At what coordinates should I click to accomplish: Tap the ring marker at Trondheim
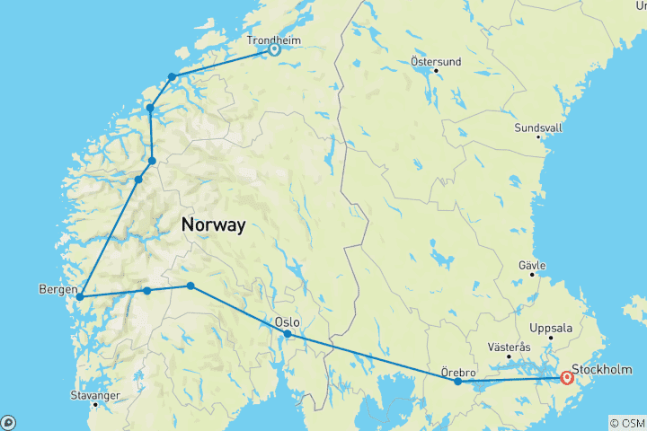[274, 50]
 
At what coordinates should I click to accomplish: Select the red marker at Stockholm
[567, 378]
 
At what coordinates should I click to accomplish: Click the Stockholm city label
[601, 369]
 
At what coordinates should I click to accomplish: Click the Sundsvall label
[538, 128]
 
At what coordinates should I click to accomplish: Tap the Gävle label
[533, 266]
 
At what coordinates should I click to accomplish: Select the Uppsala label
[552, 328]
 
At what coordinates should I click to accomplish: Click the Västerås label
[509, 346]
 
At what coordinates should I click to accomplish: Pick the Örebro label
[458, 370]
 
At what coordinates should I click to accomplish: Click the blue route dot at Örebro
[457, 382]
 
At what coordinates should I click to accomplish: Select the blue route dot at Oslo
[288, 334]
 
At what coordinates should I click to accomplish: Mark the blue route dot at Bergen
[80, 296]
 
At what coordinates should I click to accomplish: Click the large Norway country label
[213, 225]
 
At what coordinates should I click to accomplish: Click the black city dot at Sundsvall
[538, 137]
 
